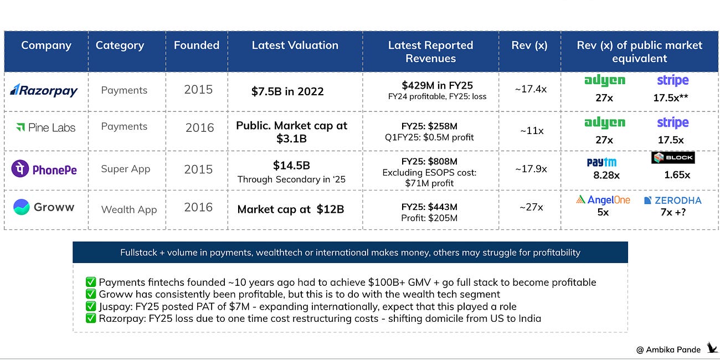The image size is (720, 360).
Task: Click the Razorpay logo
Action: point(44,91)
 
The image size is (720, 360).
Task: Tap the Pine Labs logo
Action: point(45,127)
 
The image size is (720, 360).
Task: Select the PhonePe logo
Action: point(44,169)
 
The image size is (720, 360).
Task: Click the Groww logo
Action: point(44,207)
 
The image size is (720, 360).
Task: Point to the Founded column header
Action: point(197,45)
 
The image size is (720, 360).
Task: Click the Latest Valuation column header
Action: point(295,45)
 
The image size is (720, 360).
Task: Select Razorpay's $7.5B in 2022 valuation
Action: point(287,91)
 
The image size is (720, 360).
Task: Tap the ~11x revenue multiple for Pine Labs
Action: point(532,131)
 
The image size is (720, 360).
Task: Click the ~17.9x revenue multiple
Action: point(531,169)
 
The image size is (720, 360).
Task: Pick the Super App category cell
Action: point(125,169)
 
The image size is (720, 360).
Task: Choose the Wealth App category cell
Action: point(129,209)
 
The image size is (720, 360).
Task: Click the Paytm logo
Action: point(601,162)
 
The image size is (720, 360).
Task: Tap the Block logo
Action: point(673,157)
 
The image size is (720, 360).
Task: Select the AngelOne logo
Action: point(603,200)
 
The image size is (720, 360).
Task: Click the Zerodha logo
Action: point(673,200)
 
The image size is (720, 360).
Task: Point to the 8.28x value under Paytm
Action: point(606,175)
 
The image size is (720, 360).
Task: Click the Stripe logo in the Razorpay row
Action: point(673,80)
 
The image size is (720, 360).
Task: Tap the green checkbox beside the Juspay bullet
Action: point(91,306)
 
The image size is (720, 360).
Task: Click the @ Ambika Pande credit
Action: point(668,349)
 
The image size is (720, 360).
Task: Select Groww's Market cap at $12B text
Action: point(291,209)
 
